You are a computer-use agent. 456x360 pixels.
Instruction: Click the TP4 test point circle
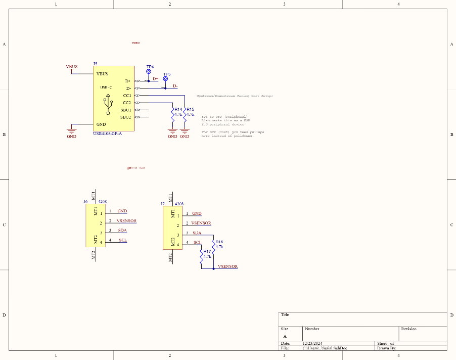149,72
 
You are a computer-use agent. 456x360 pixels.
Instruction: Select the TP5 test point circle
165,79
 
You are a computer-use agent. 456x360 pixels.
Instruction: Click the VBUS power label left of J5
72,67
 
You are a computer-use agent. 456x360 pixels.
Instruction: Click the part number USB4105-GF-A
108,133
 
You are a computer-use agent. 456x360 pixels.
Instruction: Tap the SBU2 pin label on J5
125,117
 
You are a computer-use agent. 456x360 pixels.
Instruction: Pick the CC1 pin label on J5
126,95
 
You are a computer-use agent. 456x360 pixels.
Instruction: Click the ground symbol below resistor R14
172,133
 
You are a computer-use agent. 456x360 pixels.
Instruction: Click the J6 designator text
85,201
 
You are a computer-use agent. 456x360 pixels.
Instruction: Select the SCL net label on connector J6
123,240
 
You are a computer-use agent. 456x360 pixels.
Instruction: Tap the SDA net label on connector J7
197,233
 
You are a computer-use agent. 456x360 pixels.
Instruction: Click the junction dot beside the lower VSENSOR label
213,268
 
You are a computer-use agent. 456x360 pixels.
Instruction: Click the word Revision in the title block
408,329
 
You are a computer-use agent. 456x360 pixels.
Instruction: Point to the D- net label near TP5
175,86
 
